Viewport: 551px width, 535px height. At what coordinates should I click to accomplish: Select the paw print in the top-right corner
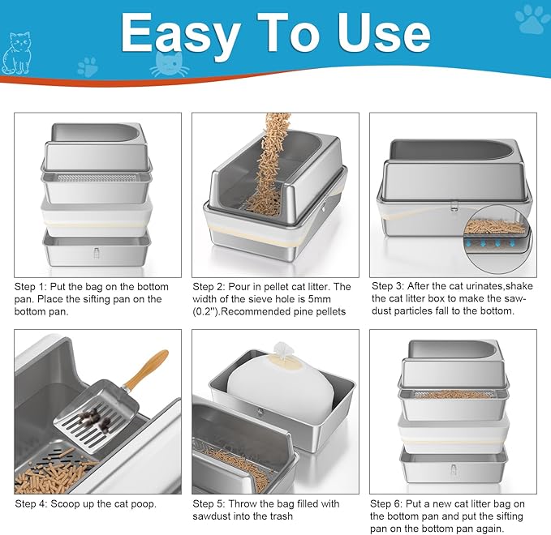532,19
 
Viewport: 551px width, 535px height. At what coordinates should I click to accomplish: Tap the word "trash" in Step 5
288,516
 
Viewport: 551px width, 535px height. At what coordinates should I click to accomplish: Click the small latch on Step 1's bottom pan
97,251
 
